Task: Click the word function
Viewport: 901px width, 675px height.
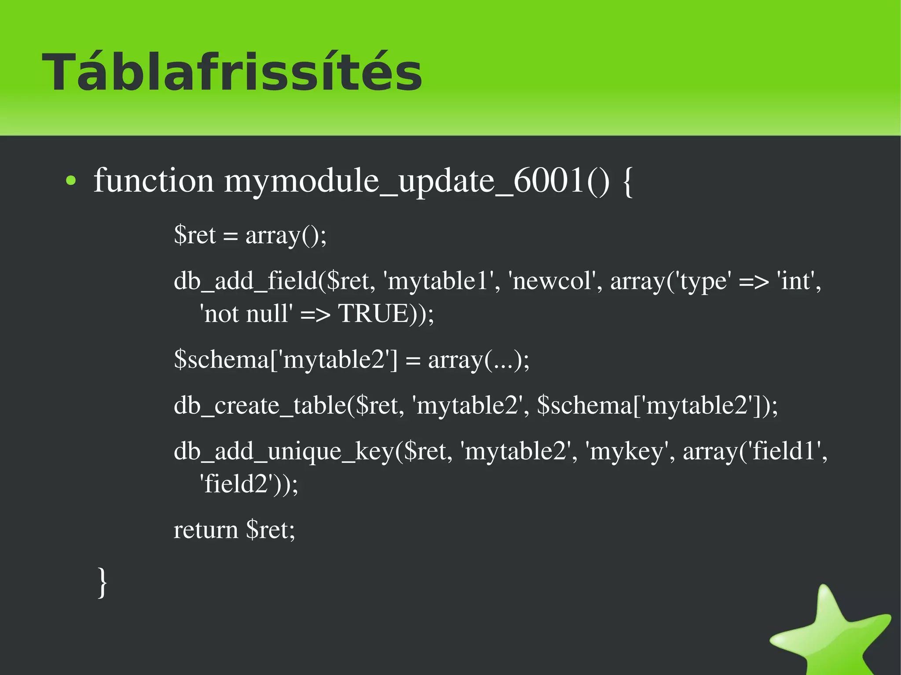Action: [x=154, y=181]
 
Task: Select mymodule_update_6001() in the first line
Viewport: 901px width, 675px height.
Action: [x=417, y=181]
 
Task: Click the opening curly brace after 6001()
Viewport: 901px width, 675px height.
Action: [x=628, y=182]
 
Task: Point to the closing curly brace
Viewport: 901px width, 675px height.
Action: [x=102, y=583]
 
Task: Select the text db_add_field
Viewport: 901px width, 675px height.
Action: [x=245, y=281]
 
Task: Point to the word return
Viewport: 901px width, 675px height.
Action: [x=205, y=530]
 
